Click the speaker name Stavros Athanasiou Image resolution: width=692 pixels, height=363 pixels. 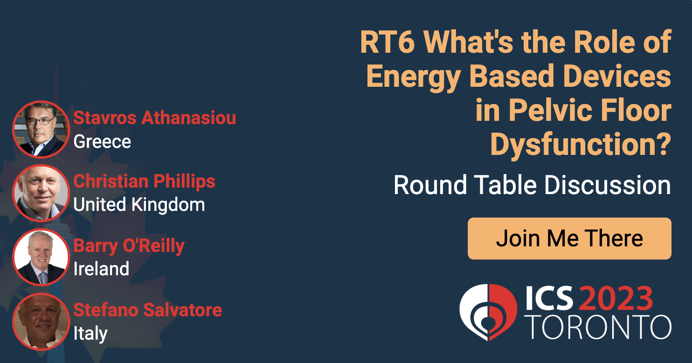[x=154, y=118]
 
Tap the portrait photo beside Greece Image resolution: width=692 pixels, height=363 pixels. [x=41, y=129]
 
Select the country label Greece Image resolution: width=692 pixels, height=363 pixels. [x=102, y=142]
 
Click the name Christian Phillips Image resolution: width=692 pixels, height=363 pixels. [x=144, y=181]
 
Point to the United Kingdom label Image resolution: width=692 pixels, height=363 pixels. [x=139, y=204]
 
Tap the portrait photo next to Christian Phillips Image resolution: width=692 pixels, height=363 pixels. [x=41, y=193]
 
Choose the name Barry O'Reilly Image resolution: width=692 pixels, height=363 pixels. [x=129, y=246]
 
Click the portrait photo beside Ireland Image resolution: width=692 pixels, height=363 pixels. [x=41, y=257]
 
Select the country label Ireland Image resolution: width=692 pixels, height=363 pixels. [x=101, y=268]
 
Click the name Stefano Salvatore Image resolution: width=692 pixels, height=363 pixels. [x=148, y=310]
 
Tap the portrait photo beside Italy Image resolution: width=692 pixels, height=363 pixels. [x=41, y=321]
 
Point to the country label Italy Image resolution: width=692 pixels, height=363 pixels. [x=90, y=334]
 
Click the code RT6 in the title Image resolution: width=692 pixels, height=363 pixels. [x=388, y=42]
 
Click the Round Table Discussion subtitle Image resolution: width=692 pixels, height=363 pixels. [x=532, y=185]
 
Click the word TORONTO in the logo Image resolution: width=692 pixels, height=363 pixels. [x=598, y=327]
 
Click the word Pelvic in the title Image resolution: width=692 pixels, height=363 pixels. [x=550, y=111]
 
